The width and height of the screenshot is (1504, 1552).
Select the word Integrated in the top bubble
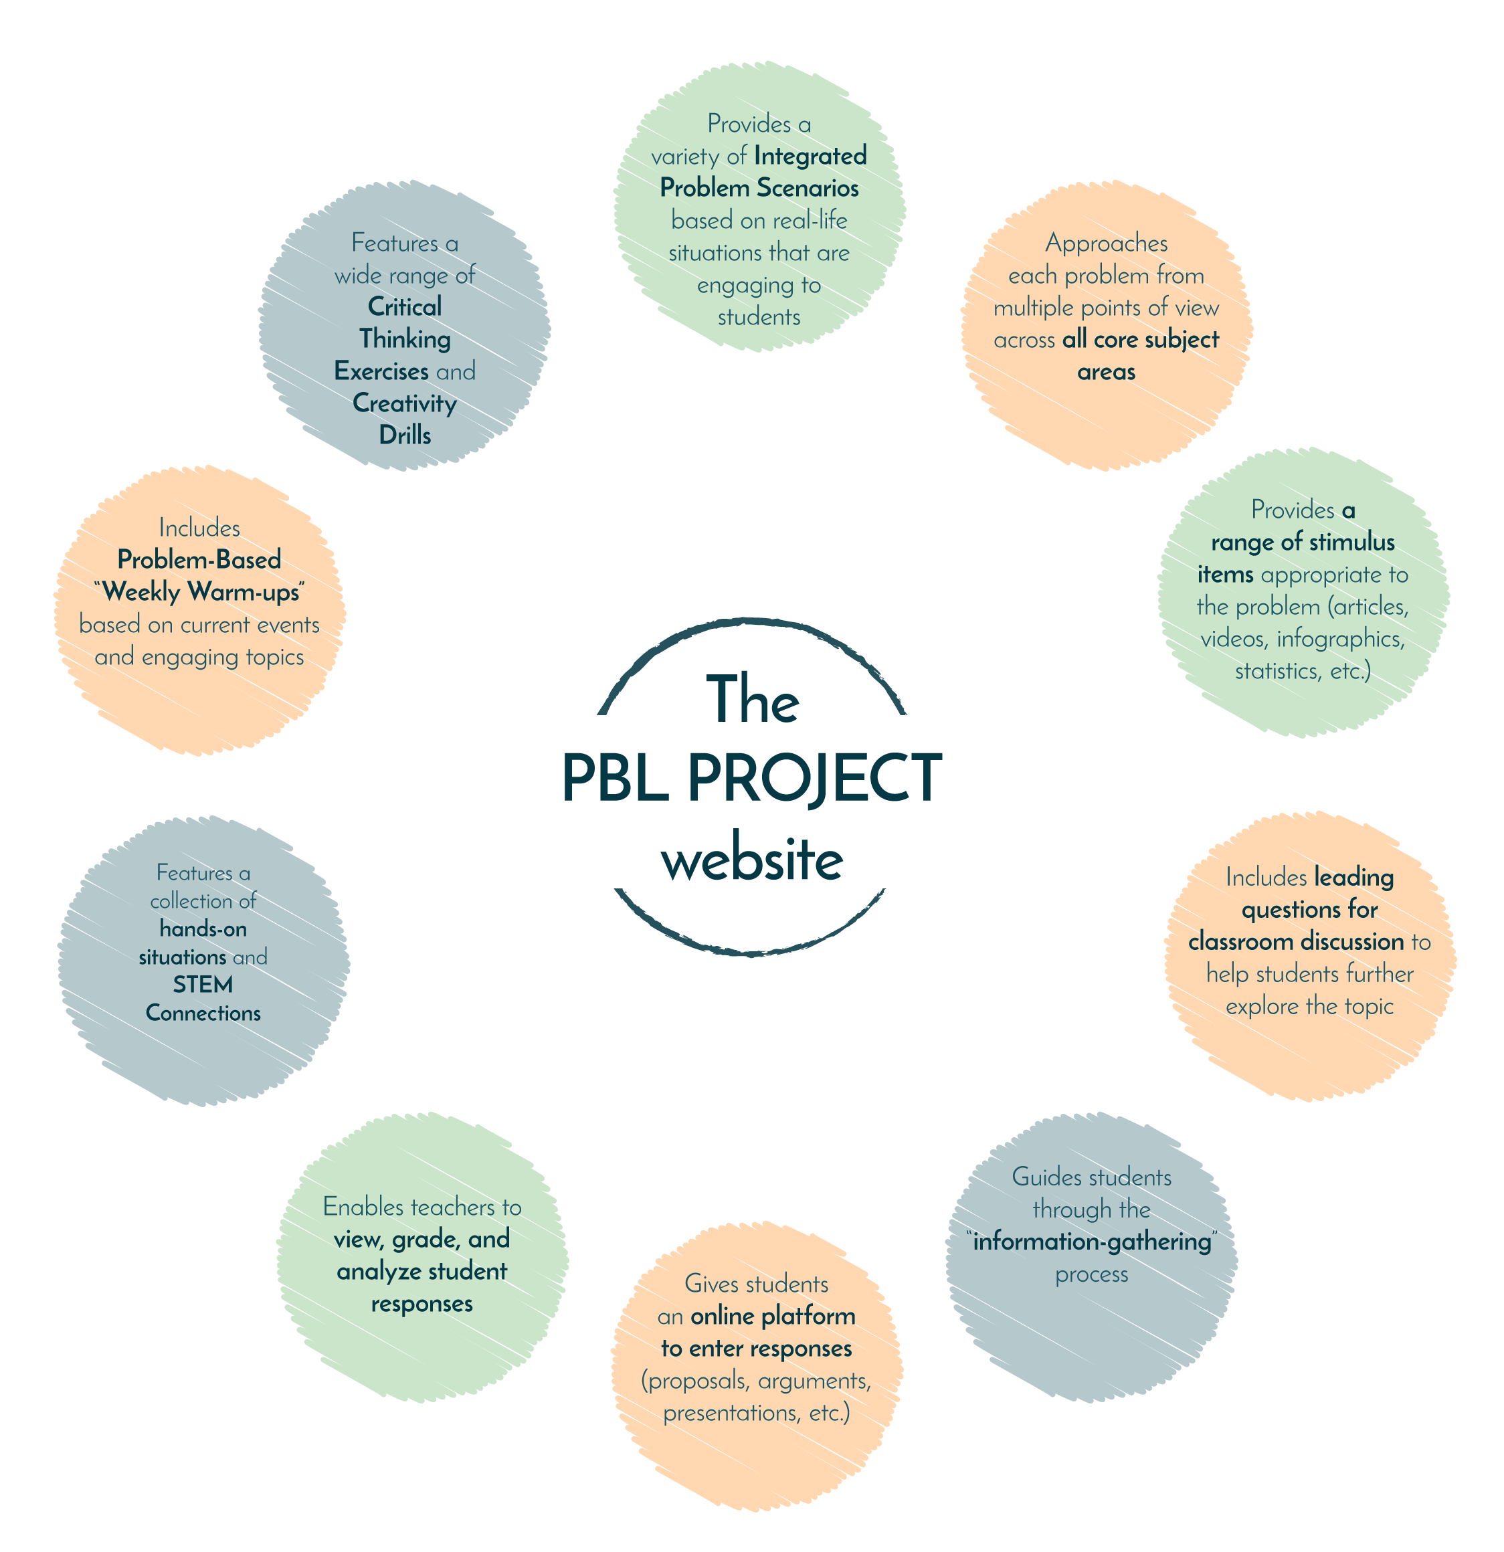810,156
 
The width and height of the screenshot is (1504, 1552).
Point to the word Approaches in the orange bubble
1106,243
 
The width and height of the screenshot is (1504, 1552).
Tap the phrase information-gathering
1092,1242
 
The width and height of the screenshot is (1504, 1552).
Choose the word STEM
203,984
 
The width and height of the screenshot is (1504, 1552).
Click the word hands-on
203,928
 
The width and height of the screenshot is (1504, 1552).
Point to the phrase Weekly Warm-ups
200,592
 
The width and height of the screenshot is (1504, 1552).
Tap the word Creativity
404,403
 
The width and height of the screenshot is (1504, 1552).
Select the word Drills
405,435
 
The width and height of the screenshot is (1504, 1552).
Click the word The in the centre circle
753,700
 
